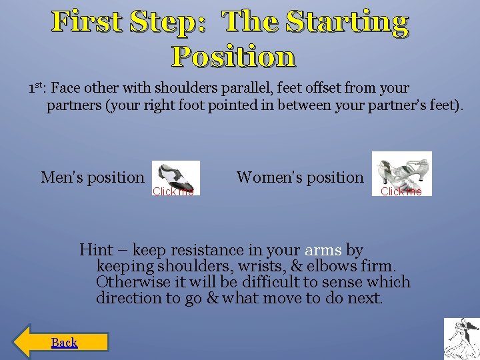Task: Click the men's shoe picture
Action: coord(175,175)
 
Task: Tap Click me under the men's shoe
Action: coord(173,191)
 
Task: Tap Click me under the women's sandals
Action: coord(401,191)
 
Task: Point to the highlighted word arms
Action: coord(323,250)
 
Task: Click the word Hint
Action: coord(96,250)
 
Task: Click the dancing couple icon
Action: coord(461,339)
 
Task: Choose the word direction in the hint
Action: coord(130,298)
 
